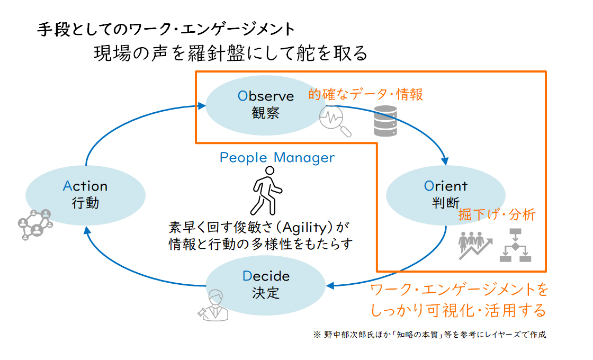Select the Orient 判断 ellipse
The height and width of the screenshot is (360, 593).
click(445, 194)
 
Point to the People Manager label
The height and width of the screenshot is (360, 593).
click(277, 157)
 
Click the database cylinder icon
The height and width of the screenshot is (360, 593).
click(385, 121)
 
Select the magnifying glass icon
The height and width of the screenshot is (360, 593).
click(335, 121)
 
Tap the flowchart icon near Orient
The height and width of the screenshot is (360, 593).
click(515, 246)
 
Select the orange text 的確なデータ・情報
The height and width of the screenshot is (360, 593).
click(366, 95)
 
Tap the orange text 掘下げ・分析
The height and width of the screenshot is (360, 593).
click(497, 214)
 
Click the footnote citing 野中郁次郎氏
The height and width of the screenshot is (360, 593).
click(429, 335)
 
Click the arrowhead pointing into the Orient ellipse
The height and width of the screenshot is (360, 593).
click(446, 160)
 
